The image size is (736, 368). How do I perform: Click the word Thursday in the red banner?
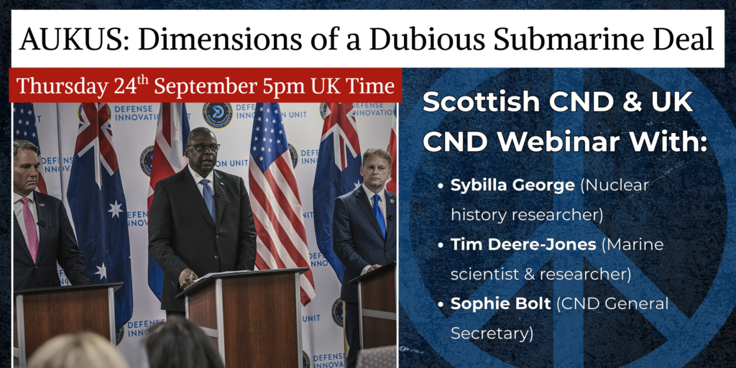pyautogui.click(x=62, y=87)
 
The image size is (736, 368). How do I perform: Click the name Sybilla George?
pyautogui.click(x=512, y=186)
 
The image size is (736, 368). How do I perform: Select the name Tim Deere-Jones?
pyautogui.click(x=523, y=244)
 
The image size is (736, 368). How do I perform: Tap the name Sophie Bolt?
pyautogui.click(x=501, y=304)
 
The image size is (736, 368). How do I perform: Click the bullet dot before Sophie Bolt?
pyautogui.click(x=441, y=304)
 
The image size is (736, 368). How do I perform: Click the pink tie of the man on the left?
pyautogui.click(x=31, y=229)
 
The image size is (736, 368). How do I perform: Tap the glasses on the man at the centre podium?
pyautogui.click(x=203, y=147)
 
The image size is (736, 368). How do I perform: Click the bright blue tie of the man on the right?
pyautogui.click(x=379, y=213)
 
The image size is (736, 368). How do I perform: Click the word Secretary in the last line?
pyautogui.click(x=492, y=333)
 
